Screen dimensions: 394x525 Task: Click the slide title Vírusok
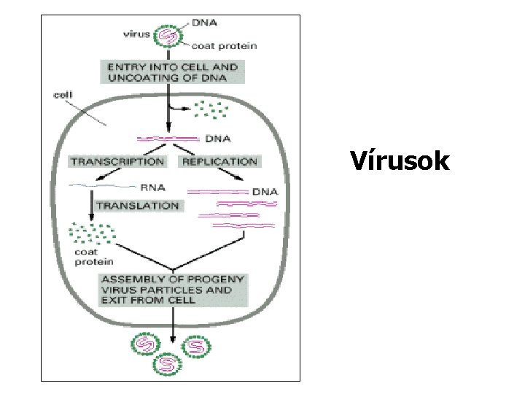399,161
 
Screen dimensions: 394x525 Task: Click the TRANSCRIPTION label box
117,161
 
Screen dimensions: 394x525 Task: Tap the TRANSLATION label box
137,206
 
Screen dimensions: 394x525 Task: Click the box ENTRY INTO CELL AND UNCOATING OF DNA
172,72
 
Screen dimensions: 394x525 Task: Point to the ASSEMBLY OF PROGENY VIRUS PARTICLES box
172,290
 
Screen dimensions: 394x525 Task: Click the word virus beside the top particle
137,34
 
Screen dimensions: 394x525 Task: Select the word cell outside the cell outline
63,94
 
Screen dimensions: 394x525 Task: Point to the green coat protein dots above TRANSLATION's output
91,233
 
